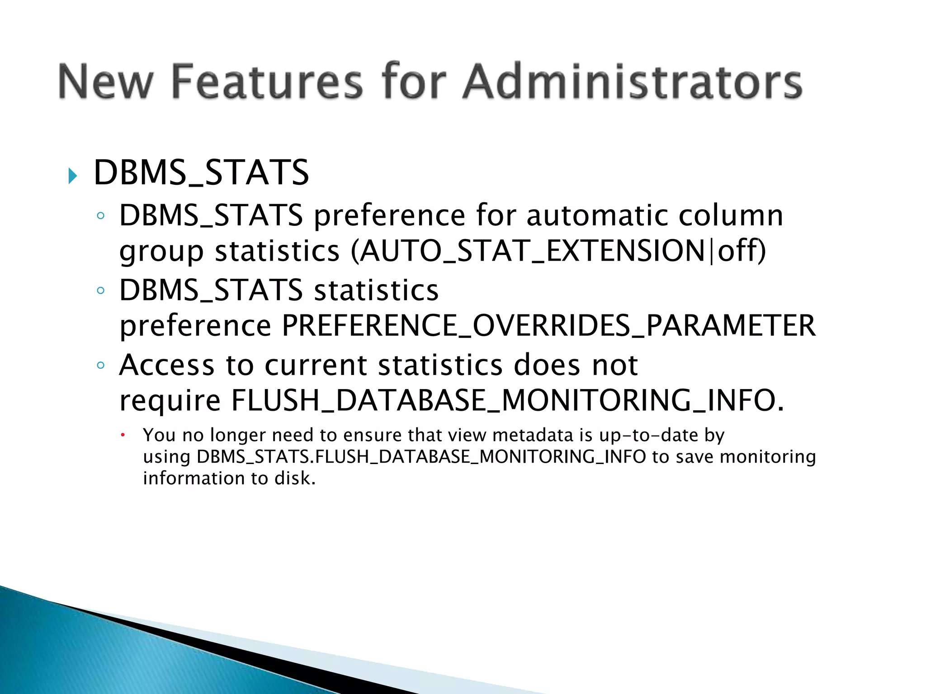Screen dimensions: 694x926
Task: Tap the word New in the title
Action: (x=105, y=82)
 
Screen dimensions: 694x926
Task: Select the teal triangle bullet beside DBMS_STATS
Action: (x=72, y=175)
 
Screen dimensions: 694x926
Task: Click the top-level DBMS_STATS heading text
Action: (x=201, y=173)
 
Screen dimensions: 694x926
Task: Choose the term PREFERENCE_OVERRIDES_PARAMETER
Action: (x=548, y=325)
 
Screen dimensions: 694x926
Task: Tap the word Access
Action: (x=167, y=365)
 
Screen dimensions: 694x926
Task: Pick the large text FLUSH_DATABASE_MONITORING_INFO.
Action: (x=507, y=400)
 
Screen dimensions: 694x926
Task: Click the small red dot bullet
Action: (x=122, y=435)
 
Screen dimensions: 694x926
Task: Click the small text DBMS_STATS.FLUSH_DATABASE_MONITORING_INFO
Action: (x=421, y=457)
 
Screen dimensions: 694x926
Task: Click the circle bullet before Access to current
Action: (x=101, y=365)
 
